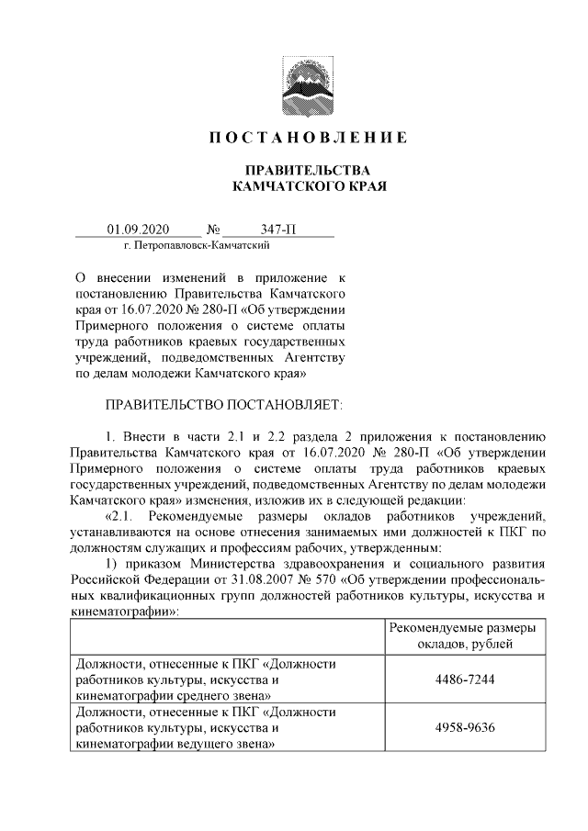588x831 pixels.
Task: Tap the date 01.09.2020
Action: (138, 230)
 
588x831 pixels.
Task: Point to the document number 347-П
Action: (277, 230)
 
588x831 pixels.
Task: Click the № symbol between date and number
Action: (213, 230)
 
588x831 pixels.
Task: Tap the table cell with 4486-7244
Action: (462, 680)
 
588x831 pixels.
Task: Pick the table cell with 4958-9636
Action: (462, 729)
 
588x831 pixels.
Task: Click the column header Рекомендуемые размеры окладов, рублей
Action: (462, 634)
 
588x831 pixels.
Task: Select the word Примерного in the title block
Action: (107, 324)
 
